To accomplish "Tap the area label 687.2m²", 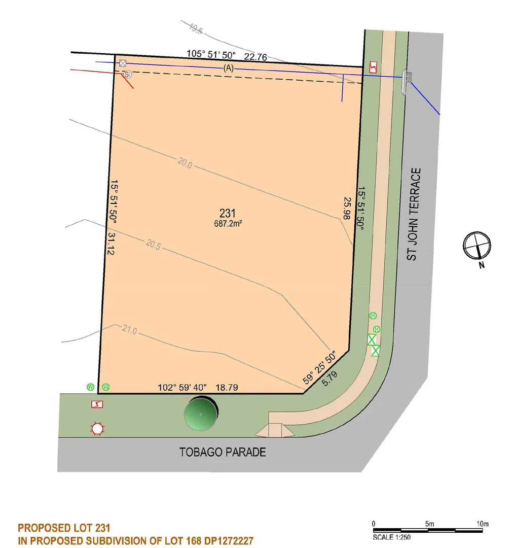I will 228,223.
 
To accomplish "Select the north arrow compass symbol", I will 477,246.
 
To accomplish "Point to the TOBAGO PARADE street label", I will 223,452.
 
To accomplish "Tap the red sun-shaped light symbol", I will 97,429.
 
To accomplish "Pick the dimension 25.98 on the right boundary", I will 347,208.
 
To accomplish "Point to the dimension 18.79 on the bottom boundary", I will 228,388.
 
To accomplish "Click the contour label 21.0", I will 129,330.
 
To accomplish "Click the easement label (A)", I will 228,69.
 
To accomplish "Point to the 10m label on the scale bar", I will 482,524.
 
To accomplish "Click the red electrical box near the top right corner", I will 373,67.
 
